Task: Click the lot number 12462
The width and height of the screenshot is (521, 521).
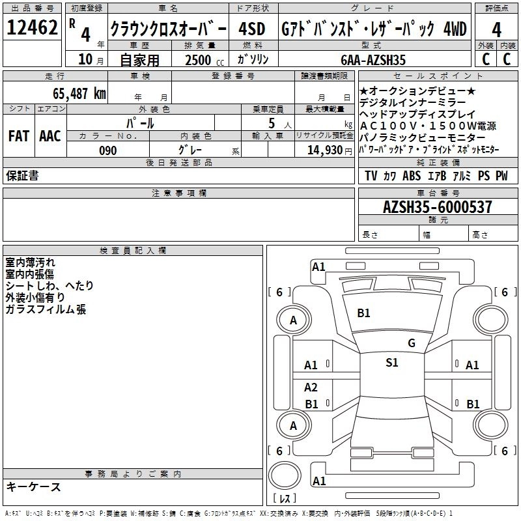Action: tap(31, 29)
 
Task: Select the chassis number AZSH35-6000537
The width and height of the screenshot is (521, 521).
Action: tap(437, 208)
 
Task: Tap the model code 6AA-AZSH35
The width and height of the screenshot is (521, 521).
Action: tap(373, 60)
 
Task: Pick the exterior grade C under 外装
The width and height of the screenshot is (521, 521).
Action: tap(485, 59)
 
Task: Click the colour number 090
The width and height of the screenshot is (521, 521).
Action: tap(107, 150)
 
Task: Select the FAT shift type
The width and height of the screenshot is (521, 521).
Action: tap(18, 136)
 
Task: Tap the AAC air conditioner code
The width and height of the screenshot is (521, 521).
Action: tap(50, 136)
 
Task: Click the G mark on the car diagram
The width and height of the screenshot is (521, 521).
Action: tap(411, 343)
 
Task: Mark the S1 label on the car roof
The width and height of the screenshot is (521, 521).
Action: tap(391, 363)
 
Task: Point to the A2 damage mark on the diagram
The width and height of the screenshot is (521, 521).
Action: tap(311, 387)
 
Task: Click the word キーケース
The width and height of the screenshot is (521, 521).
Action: tap(33, 487)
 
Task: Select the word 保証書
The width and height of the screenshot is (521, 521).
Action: tap(22, 176)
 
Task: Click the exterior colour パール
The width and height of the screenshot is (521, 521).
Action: tap(140, 123)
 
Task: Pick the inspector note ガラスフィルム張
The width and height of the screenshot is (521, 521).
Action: tap(46, 309)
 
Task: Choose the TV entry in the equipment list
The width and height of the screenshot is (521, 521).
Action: tap(371, 176)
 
